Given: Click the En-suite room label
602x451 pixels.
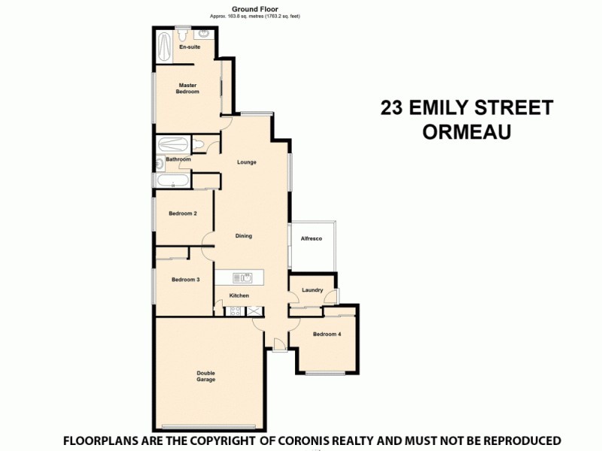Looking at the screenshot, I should point(190,47).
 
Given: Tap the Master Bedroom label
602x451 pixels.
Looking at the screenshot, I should point(187,89).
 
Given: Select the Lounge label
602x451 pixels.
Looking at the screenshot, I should point(246,162).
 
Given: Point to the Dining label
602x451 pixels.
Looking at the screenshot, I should point(243,236).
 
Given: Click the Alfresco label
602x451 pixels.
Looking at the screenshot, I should point(312,238).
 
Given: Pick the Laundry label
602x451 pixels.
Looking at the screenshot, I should point(312,290).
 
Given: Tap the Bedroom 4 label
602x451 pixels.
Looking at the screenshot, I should point(327,334).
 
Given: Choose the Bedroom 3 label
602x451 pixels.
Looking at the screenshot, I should point(185,280).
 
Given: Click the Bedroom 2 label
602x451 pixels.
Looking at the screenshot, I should point(183,213).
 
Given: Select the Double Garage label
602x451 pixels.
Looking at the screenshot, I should point(206,377).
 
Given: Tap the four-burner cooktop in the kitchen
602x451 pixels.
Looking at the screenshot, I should point(236,310).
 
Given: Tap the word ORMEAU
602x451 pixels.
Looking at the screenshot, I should point(467,132).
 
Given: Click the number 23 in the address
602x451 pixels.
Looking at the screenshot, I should point(391,107).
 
